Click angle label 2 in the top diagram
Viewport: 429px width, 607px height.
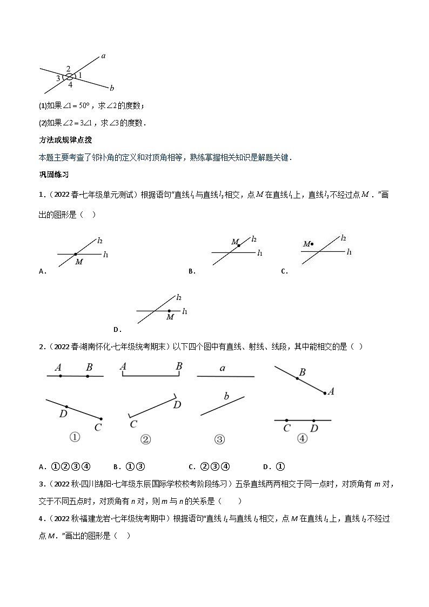68,69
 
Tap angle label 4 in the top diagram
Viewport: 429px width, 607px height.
70,85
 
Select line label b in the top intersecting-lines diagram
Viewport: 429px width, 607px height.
111,88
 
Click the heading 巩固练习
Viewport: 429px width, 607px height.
53,175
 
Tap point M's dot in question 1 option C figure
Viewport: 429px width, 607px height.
312,244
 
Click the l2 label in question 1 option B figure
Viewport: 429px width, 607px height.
254,239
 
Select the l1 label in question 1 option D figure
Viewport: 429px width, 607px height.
185,311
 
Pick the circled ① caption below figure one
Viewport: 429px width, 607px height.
75,437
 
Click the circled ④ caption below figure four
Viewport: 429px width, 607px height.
302,439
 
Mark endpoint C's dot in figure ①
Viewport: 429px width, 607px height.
101,418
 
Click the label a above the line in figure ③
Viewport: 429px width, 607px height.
222,368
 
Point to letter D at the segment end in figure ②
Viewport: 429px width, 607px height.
177,405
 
